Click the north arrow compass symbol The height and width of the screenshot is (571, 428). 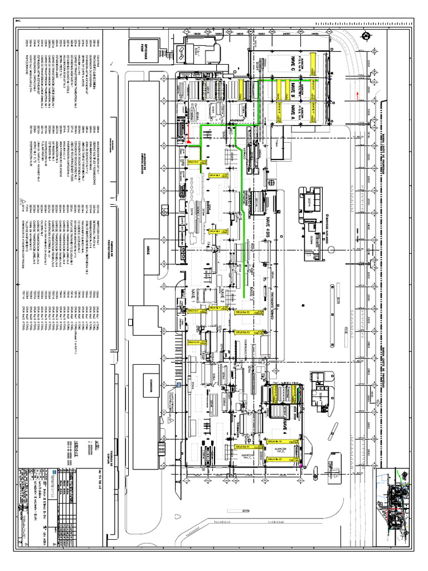tap(366, 37)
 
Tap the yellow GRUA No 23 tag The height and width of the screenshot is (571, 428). tap(277, 459)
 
